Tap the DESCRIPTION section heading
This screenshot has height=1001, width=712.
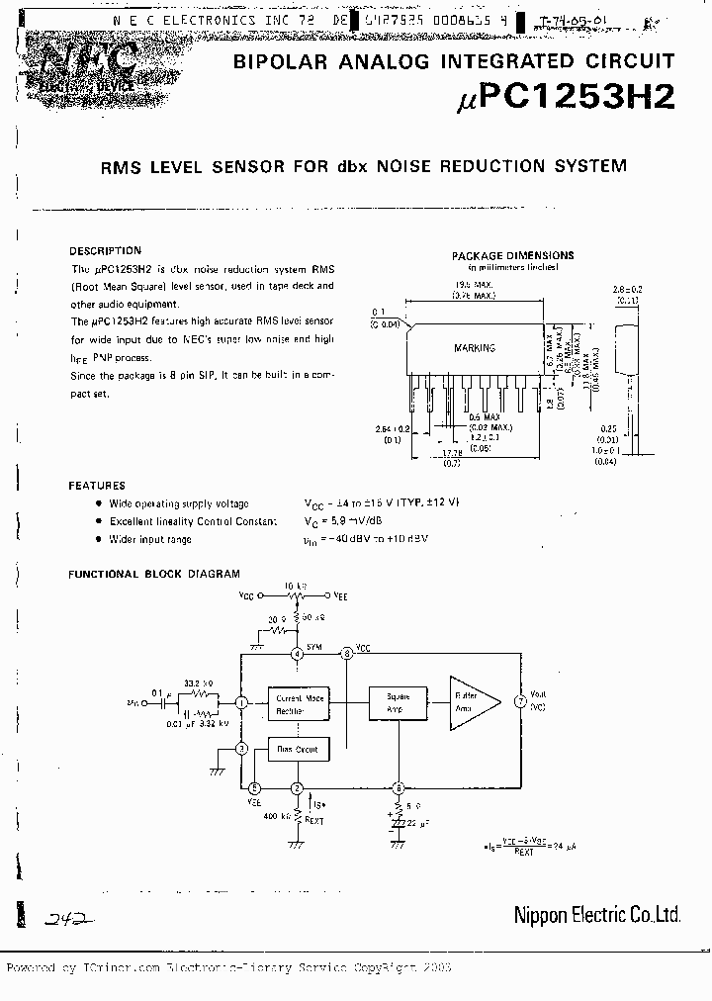pyautogui.click(x=106, y=251)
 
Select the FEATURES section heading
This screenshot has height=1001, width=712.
pyautogui.click(x=97, y=486)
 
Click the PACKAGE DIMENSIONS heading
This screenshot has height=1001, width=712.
pyautogui.click(x=512, y=255)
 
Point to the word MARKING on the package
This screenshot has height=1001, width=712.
pyautogui.click(x=475, y=348)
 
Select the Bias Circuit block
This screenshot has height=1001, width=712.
pyautogui.click(x=297, y=750)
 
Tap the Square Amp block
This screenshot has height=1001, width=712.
pyautogui.click(x=399, y=702)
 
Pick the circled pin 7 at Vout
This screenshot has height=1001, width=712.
pyautogui.click(x=520, y=701)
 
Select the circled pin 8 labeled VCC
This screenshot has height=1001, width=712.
pyautogui.click(x=346, y=654)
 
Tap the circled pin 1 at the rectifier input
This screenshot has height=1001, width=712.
pyautogui.click(x=241, y=701)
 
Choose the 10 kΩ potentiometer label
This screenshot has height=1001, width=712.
pyautogui.click(x=295, y=586)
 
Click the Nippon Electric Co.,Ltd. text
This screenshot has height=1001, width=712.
pyautogui.click(x=596, y=915)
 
